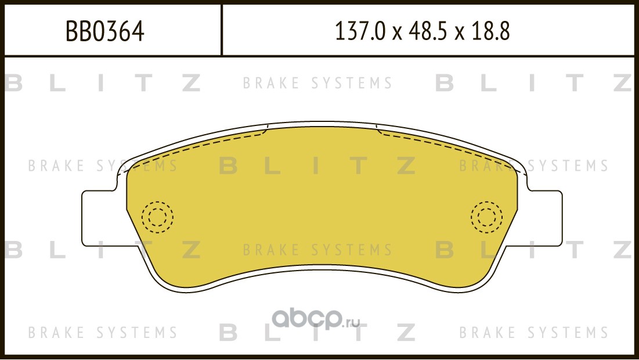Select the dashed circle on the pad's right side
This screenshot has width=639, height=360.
[x=486, y=217]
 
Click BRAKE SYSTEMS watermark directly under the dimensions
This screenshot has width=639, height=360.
[x=317, y=84]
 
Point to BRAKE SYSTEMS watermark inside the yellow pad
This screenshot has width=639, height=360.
[x=317, y=250]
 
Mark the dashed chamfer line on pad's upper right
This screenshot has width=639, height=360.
[x=447, y=145]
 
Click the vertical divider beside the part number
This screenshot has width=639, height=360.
[x=222, y=30]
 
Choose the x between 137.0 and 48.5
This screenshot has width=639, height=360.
[x=396, y=33]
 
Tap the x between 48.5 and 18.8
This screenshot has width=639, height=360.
[x=460, y=33]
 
